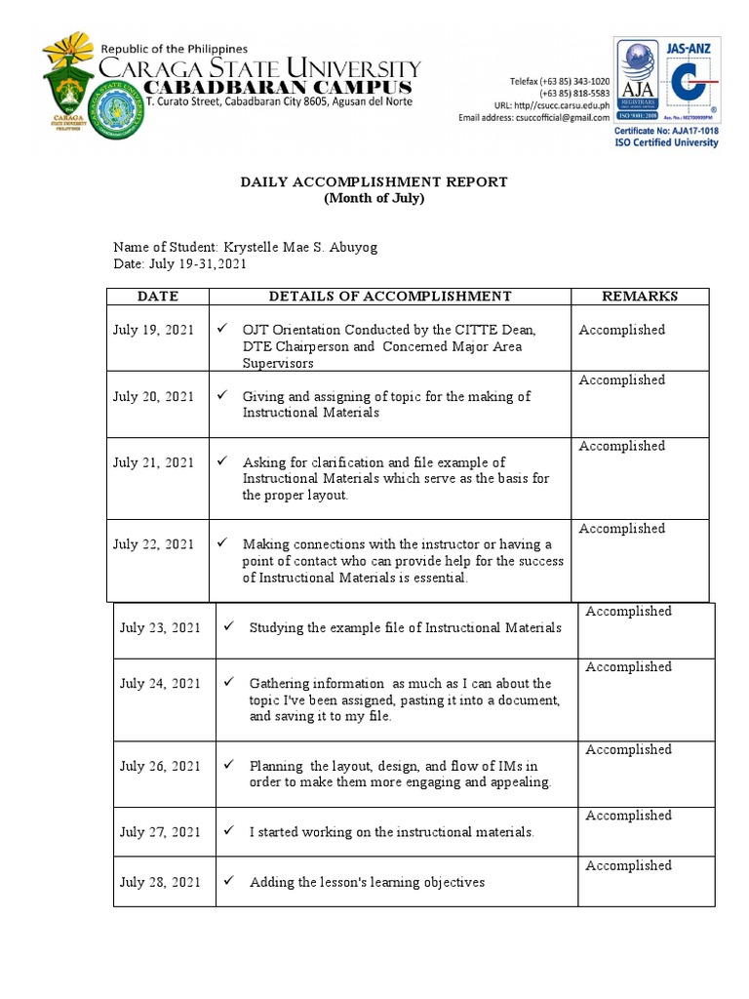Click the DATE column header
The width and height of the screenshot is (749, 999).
click(x=158, y=297)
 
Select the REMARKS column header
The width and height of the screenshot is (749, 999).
click(x=640, y=297)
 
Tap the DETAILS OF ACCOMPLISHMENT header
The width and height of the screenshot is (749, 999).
click(x=389, y=297)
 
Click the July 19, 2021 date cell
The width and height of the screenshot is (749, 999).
click(x=153, y=330)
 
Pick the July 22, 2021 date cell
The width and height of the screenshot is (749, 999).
click(x=153, y=544)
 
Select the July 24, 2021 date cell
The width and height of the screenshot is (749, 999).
click(x=160, y=684)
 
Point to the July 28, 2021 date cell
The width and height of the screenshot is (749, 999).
click(x=160, y=882)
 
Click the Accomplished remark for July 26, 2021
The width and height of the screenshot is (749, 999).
click(x=628, y=750)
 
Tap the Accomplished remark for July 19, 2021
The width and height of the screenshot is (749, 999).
click(x=621, y=330)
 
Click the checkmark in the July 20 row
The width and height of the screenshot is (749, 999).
click(x=222, y=396)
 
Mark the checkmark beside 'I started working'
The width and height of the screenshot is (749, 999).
click(x=229, y=831)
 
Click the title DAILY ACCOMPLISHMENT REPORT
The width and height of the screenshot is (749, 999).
click(x=374, y=182)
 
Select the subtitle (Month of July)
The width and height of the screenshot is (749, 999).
click(x=374, y=198)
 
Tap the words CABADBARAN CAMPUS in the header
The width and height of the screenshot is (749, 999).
click(x=277, y=89)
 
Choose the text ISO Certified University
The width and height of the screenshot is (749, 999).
click(x=666, y=142)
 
